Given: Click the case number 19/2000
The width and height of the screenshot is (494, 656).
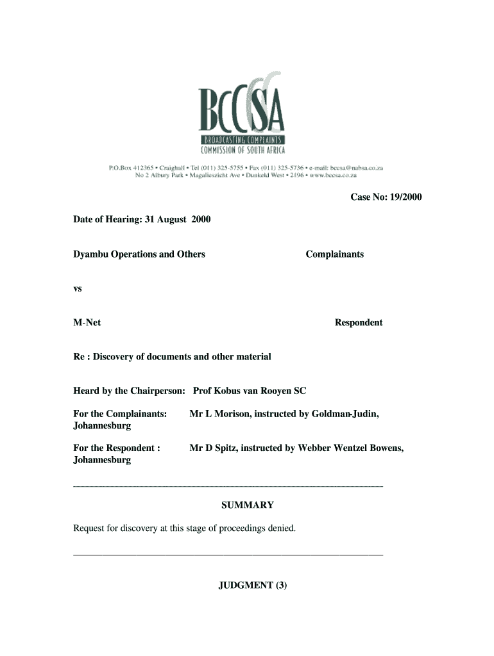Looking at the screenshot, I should click(x=405, y=197).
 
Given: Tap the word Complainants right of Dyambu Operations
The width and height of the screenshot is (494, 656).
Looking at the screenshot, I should click(x=334, y=254).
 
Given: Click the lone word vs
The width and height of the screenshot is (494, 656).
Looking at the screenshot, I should click(x=78, y=289).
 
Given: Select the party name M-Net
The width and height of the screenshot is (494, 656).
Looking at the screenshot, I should click(x=87, y=323).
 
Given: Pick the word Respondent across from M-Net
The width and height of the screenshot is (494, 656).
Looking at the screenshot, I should click(x=358, y=323).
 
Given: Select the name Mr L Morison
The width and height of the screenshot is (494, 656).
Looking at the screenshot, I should click(x=219, y=414).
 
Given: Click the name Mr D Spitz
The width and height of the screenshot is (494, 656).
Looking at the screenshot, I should click(x=213, y=448).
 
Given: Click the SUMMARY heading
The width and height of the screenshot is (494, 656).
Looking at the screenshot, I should click(x=247, y=505).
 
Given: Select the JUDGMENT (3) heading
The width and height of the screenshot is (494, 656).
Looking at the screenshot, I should click(x=251, y=586).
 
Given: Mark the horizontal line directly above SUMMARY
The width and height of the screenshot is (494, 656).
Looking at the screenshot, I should click(x=228, y=488).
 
